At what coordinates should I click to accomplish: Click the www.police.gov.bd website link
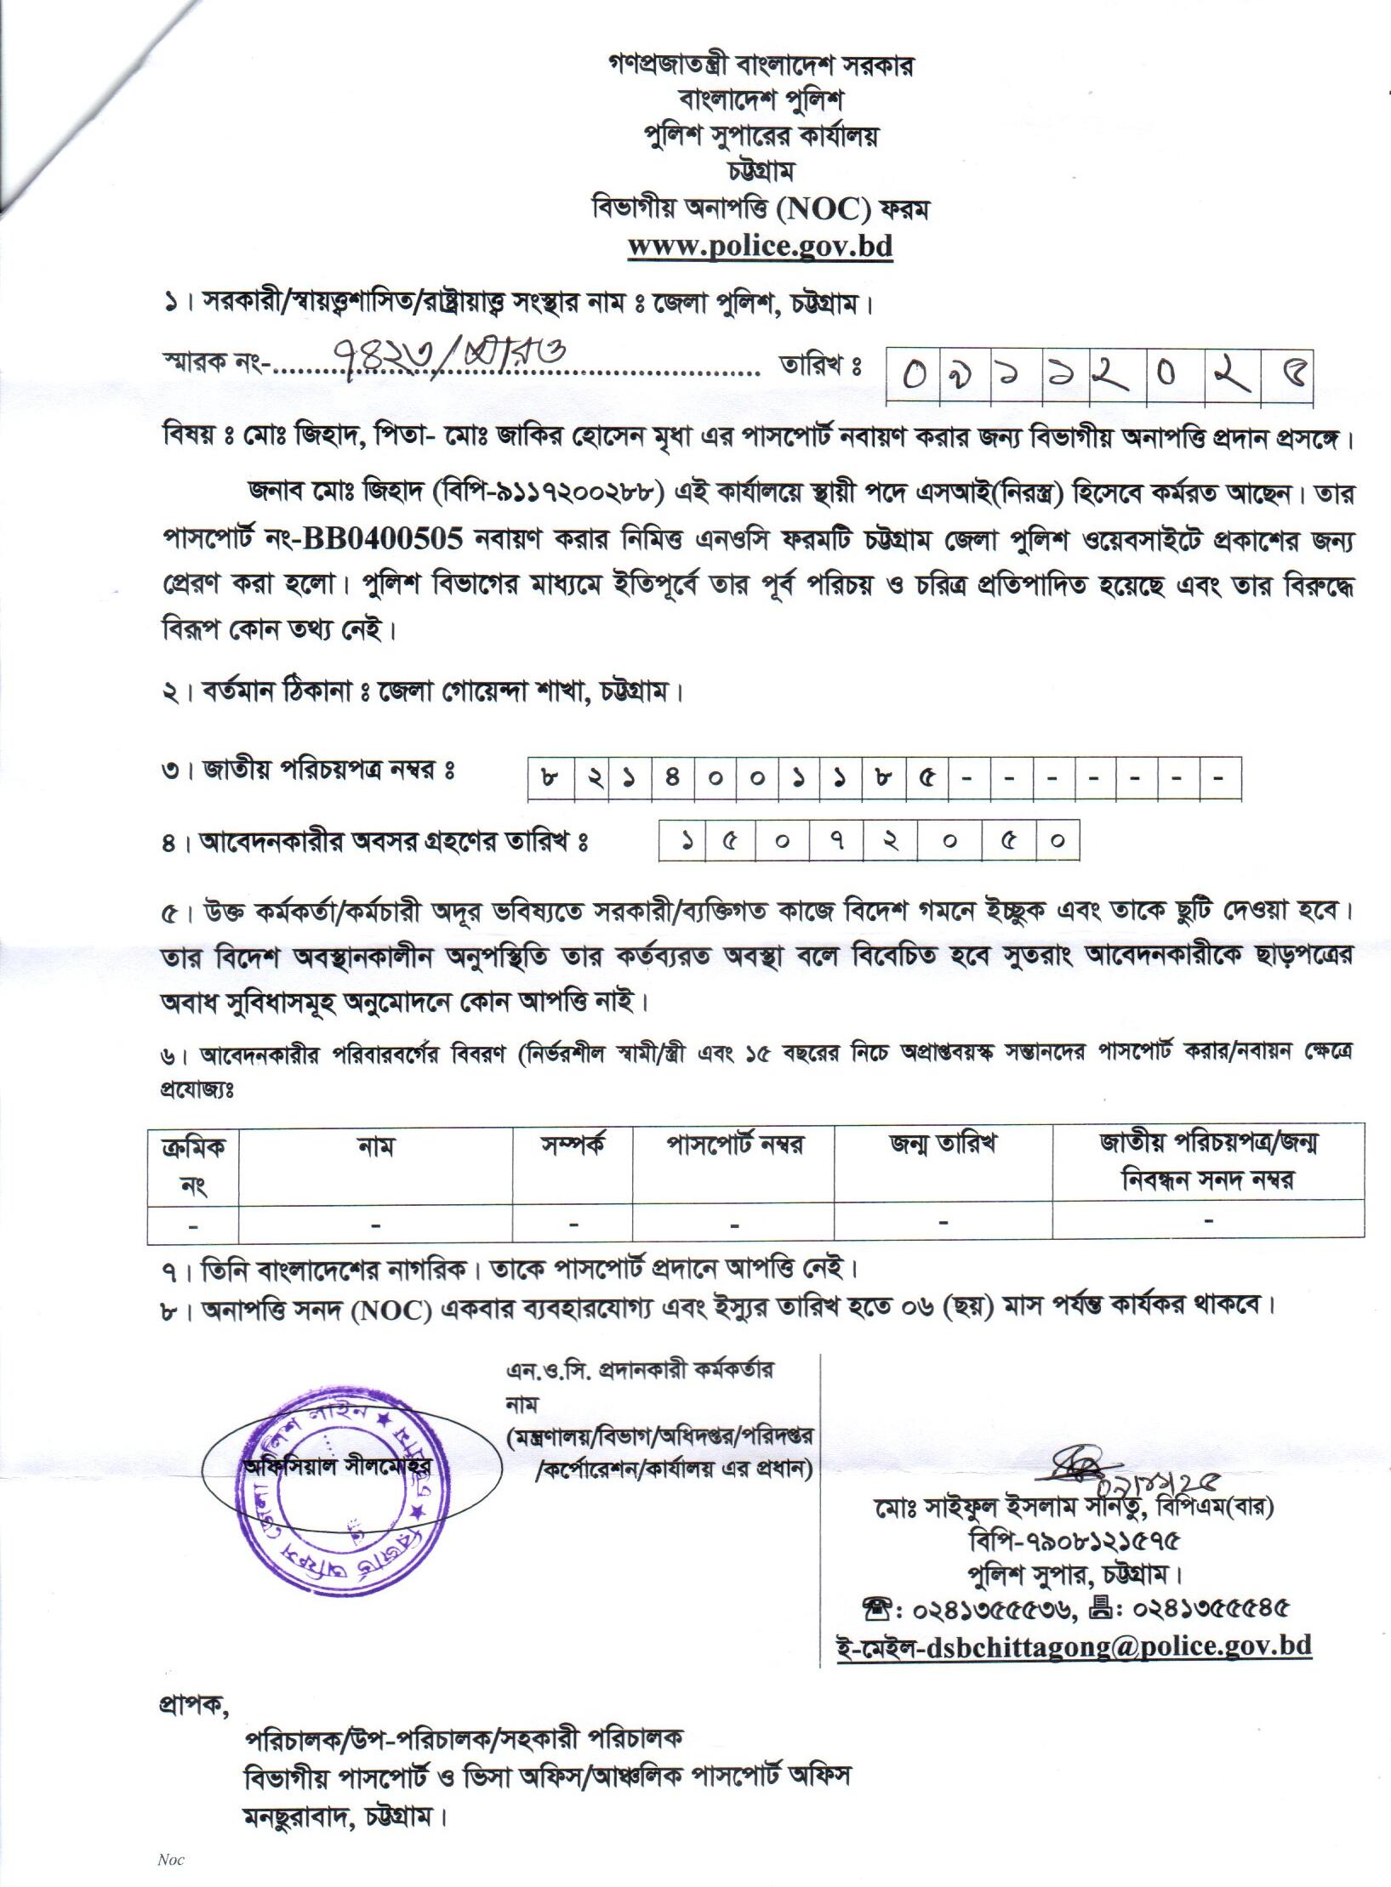760,246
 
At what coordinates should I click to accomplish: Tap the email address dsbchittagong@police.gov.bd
1074,1645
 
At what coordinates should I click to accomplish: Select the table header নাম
375,1148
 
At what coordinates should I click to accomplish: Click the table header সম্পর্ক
573,1145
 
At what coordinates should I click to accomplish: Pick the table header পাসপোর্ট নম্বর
733,1145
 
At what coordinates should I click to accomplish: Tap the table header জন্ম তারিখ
943,1145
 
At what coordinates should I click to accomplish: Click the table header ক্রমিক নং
193,1165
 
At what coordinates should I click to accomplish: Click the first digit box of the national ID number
549,778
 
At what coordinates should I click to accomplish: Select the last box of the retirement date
1058,841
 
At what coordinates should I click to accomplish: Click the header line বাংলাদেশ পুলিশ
760,101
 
